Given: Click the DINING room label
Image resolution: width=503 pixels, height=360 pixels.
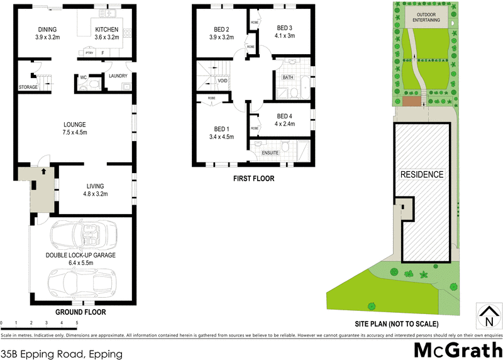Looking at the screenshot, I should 47,29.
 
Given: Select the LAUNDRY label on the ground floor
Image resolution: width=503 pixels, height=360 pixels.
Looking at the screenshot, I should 118,77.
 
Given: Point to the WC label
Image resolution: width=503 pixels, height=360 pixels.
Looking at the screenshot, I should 83,77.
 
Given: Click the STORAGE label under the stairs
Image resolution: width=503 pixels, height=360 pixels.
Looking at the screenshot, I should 28,87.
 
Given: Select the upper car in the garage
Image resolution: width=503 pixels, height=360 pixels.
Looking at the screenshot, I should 82,235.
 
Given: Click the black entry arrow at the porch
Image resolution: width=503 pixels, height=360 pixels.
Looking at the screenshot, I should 43,171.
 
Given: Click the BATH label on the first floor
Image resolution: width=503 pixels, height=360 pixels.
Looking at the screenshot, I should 288,77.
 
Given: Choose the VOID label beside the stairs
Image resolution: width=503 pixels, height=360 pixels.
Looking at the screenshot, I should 223,81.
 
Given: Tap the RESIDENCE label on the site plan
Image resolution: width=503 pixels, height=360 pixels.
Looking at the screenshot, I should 422,174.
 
